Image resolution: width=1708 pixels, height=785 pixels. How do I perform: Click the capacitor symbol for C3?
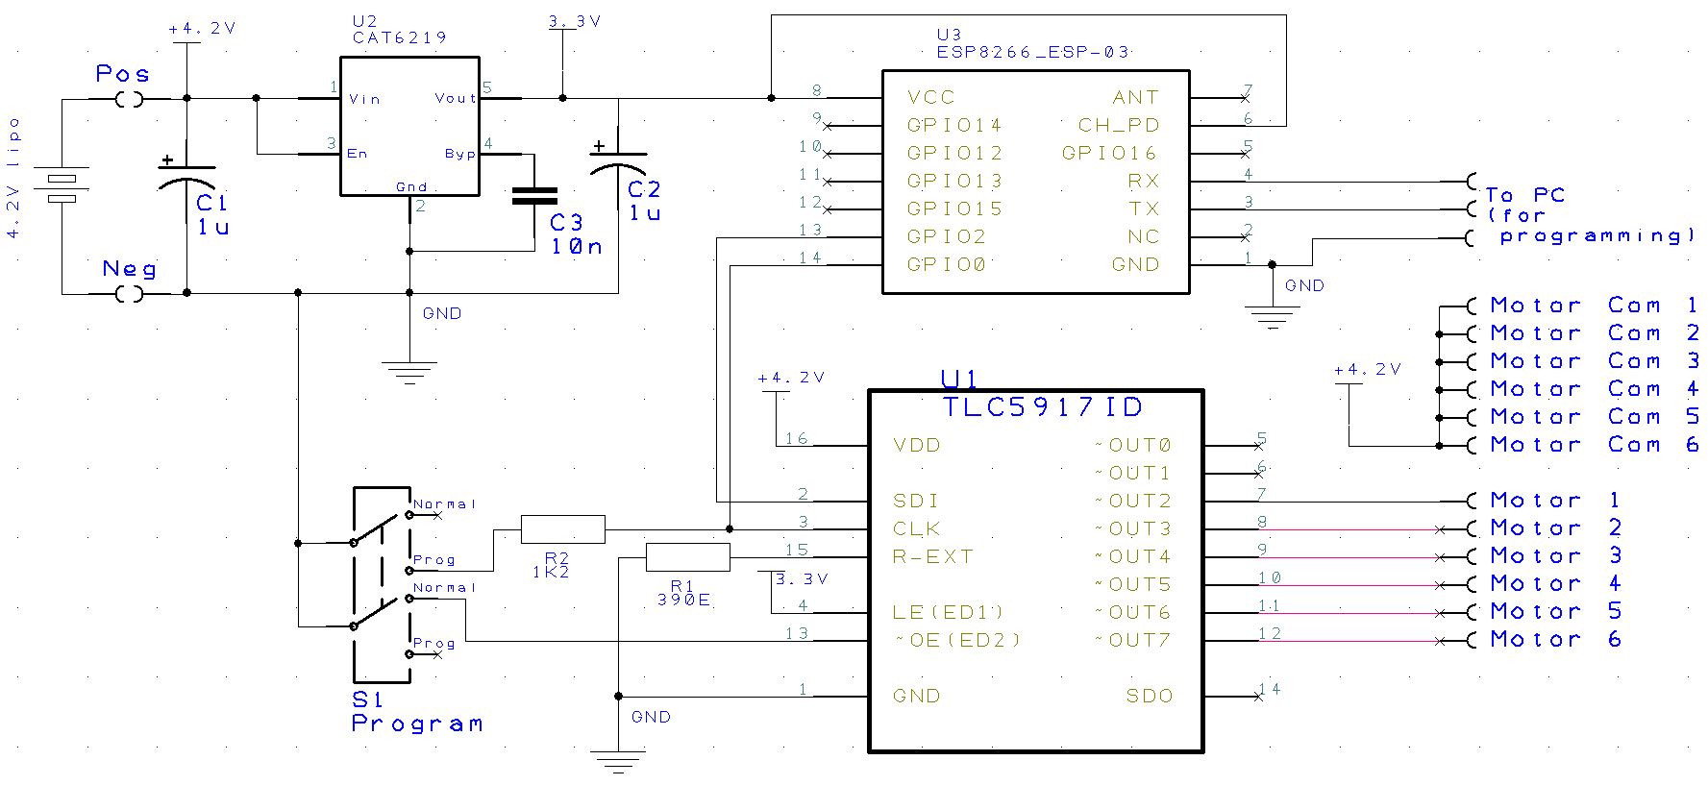(x=534, y=195)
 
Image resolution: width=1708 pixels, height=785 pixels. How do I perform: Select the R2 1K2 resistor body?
(x=562, y=529)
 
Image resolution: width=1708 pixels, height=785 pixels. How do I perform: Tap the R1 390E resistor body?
(x=687, y=557)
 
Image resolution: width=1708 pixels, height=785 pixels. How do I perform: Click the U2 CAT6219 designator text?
(x=400, y=30)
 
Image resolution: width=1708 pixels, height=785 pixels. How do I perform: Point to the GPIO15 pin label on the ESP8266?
(x=954, y=209)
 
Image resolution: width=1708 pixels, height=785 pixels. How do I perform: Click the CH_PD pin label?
(x=1118, y=125)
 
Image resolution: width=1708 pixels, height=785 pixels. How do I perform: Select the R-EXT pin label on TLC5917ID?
(x=932, y=556)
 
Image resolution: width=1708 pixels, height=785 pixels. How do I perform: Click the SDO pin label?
(x=1150, y=696)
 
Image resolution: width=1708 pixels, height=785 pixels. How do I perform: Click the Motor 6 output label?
(x=1555, y=639)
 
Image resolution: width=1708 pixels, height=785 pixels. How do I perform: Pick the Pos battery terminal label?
(x=122, y=74)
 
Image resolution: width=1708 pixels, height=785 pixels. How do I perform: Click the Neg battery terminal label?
(x=129, y=269)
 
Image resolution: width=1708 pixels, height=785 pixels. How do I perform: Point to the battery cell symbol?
(x=62, y=189)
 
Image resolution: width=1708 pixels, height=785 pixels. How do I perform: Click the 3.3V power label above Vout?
(x=574, y=21)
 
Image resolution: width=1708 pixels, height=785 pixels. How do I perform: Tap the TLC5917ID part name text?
(x=1043, y=406)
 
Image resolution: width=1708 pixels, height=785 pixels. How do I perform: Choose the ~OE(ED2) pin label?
(x=957, y=640)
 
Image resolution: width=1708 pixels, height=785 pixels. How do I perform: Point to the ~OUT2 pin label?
(x=1132, y=501)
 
